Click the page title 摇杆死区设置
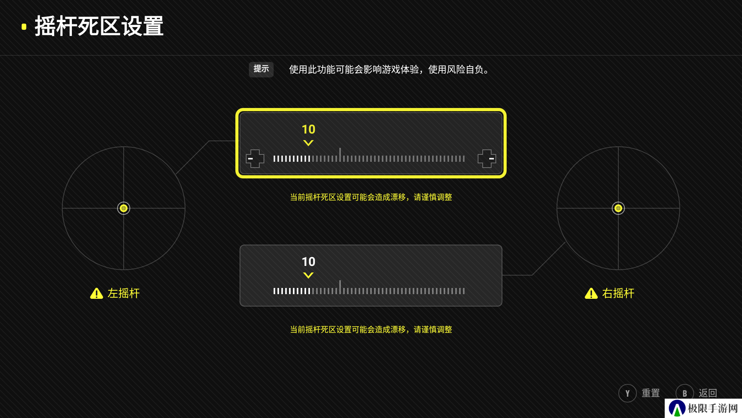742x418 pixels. [99, 26]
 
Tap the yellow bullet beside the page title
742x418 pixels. [24, 27]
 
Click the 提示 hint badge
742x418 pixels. [261, 69]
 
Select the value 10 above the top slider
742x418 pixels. [308, 129]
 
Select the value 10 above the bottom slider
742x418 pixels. [308, 262]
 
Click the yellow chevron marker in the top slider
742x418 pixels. [308, 143]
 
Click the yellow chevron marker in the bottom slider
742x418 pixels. [308, 275]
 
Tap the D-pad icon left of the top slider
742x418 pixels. [255, 159]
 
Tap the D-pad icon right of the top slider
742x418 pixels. [487, 159]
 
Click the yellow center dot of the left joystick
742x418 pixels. [124, 208]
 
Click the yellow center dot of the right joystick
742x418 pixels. [618, 208]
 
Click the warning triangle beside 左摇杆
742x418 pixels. [97, 293]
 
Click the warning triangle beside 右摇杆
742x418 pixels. [591, 293]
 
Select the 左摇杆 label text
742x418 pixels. [124, 293]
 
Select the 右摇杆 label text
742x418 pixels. [618, 293]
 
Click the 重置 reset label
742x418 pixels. [651, 393]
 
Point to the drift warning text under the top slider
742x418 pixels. [371, 197]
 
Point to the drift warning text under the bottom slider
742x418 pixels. [371, 329]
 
